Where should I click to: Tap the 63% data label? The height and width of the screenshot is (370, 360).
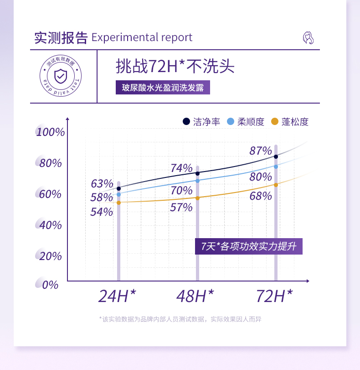pos(102,184)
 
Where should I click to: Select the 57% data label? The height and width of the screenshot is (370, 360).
pos(181,208)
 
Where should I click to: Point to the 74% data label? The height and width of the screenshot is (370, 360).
pos(181,168)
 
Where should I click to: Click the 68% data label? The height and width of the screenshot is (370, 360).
pos(261,196)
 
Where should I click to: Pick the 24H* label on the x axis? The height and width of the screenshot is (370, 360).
pos(118,297)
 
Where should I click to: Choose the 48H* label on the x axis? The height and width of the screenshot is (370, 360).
pos(195,297)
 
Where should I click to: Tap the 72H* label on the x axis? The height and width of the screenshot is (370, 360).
pos(274,297)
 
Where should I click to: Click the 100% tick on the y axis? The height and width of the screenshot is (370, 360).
pos(51,132)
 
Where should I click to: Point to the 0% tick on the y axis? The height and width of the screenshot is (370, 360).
pos(50,285)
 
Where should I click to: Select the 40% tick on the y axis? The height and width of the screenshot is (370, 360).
pos(50,225)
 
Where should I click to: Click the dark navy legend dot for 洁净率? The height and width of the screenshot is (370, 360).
pos(186,122)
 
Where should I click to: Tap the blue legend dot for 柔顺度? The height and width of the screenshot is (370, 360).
pos(231,122)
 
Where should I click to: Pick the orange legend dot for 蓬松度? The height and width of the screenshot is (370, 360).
pos(274,122)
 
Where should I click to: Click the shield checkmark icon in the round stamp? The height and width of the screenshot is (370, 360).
pos(60,76)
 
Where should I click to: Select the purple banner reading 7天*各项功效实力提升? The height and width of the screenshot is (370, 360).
pos(249,247)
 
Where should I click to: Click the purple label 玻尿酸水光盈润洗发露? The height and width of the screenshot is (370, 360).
pos(163,88)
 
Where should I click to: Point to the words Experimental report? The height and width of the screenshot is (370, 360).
pos(142,37)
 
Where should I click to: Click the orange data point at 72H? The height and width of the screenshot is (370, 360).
pos(276,185)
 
